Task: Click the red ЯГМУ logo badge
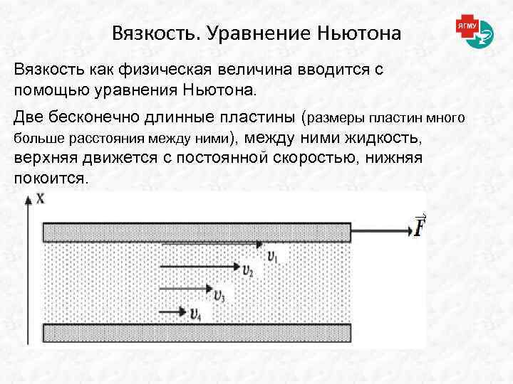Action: point(467,26)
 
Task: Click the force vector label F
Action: point(420,228)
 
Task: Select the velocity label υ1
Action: point(274,255)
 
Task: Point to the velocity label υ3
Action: point(219,294)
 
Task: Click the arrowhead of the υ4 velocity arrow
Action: point(182,311)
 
